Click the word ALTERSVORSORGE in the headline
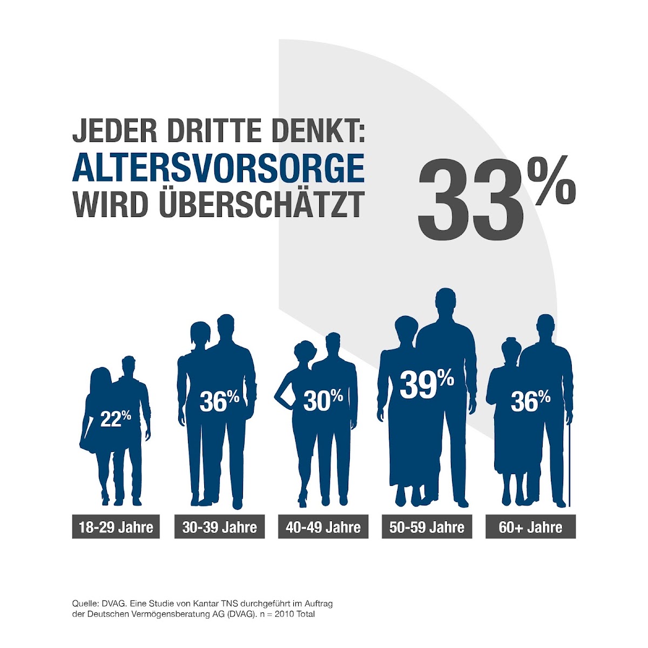click(218, 168)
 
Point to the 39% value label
click(427, 384)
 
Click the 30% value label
click(323, 400)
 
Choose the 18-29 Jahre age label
click(116, 527)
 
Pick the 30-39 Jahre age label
click(219, 527)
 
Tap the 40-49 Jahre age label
click(323, 527)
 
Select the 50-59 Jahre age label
click(427, 527)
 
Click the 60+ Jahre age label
click(530, 527)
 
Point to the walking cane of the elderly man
click(569, 464)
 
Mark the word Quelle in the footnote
click(84, 603)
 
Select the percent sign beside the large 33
click(551, 182)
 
